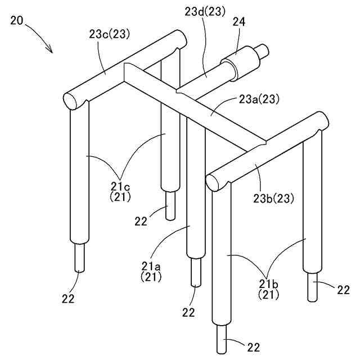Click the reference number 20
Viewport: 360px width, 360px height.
[17, 20]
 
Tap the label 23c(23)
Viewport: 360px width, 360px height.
[110, 34]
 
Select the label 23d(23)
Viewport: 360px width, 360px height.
[205, 12]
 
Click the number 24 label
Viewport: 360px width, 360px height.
[239, 22]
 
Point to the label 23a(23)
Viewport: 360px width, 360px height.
[259, 100]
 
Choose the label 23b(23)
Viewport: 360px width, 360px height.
[273, 199]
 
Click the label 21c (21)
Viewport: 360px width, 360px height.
[120, 192]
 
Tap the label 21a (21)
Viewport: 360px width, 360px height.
[151, 272]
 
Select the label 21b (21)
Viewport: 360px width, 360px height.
[269, 290]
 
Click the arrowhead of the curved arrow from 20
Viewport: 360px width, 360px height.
[51, 49]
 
